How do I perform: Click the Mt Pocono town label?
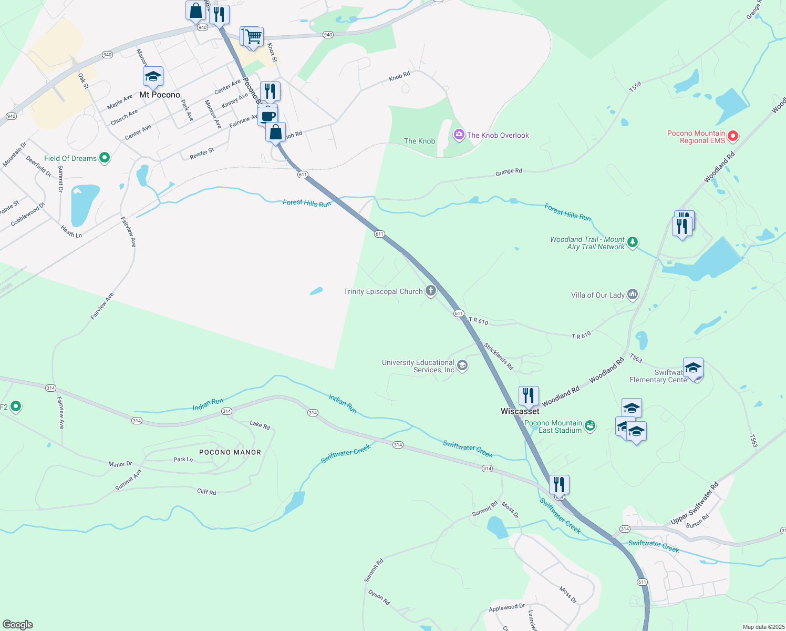(x=160, y=95)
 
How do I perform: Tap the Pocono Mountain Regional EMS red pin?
(x=732, y=137)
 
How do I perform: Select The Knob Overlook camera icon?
(x=459, y=135)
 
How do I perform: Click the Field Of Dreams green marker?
(x=105, y=158)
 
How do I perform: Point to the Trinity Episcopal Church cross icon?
(x=431, y=291)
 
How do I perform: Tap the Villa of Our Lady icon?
(x=633, y=294)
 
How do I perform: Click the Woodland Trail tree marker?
(x=633, y=242)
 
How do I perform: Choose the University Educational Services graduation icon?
(x=462, y=365)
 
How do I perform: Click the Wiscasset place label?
(x=520, y=412)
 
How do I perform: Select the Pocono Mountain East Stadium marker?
(x=590, y=426)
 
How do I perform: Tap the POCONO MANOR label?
(x=230, y=452)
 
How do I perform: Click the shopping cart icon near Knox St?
(x=253, y=37)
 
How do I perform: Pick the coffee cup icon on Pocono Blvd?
(x=268, y=116)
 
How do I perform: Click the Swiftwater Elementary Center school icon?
(x=693, y=368)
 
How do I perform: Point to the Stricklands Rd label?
(x=499, y=357)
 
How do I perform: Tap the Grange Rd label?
(x=509, y=171)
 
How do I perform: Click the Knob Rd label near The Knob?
(x=399, y=77)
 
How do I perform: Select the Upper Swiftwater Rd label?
(x=694, y=504)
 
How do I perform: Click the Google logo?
(x=18, y=625)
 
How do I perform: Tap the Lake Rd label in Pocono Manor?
(x=260, y=425)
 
